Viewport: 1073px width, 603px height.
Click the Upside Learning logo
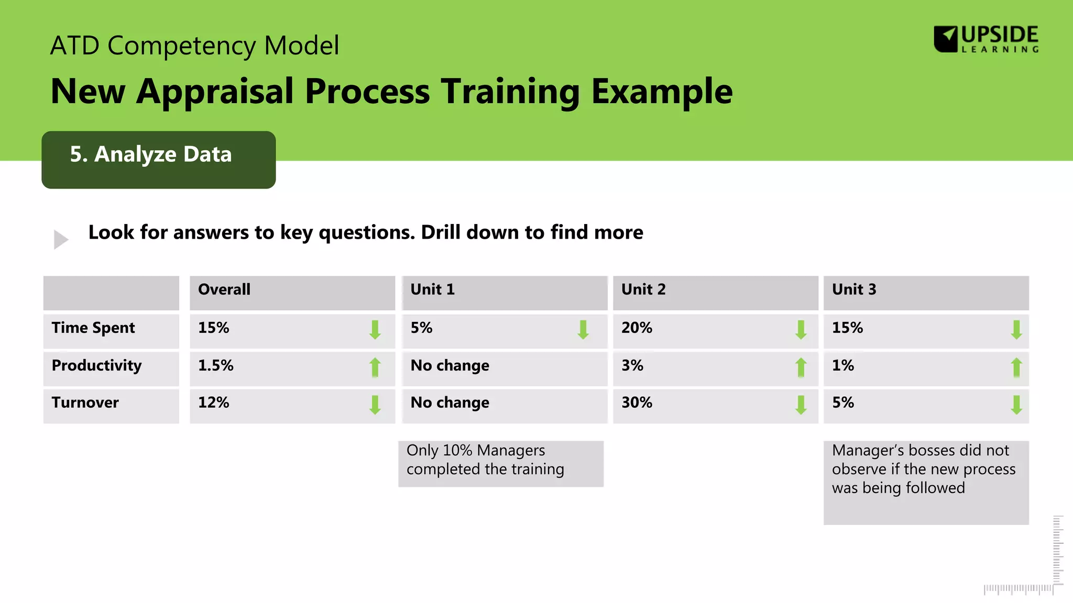click(x=986, y=39)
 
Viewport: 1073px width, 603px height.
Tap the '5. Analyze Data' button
click(x=158, y=159)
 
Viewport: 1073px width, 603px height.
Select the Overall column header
click(x=224, y=289)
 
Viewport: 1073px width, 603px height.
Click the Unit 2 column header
click(x=643, y=289)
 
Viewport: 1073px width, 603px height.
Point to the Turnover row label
click(x=85, y=403)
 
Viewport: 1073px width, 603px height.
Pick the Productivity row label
click(x=96, y=365)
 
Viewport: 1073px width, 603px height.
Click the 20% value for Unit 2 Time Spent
click(x=637, y=328)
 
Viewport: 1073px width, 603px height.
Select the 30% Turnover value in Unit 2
click(x=637, y=403)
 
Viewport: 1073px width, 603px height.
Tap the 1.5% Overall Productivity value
click(x=215, y=365)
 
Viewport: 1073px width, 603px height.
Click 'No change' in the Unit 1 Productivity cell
click(x=450, y=365)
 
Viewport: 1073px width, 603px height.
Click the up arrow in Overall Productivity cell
click(x=375, y=367)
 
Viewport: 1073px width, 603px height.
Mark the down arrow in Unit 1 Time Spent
click(x=583, y=330)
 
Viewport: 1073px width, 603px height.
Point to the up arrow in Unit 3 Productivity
click(x=1016, y=367)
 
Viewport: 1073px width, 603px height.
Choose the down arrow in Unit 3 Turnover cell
click(x=1016, y=405)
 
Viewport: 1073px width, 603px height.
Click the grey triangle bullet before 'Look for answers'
click(x=61, y=239)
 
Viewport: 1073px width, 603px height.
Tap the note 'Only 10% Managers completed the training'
click(x=500, y=463)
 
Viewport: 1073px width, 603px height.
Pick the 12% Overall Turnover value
click(x=213, y=403)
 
